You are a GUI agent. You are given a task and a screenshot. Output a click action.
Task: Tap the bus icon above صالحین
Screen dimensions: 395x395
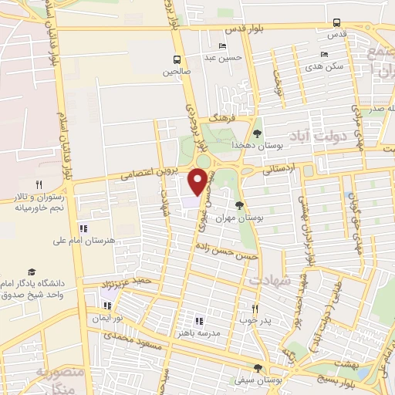coord(177,59)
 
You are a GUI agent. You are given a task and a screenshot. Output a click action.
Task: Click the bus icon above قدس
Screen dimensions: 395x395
coord(336,22)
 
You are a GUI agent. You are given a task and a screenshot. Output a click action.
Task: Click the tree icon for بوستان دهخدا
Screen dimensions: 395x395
coord(257,133)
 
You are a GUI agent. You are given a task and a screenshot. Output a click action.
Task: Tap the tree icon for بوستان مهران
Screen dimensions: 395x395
coord(239,204)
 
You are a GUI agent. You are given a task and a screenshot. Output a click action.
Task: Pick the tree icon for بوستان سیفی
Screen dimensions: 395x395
coord(258,368)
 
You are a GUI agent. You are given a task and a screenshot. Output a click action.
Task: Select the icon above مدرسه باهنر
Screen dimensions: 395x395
coord(199,321)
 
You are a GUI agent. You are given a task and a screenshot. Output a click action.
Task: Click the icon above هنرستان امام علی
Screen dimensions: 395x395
coord(83,228)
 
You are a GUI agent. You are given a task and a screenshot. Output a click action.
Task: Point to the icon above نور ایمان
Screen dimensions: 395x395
coord(107,305)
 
